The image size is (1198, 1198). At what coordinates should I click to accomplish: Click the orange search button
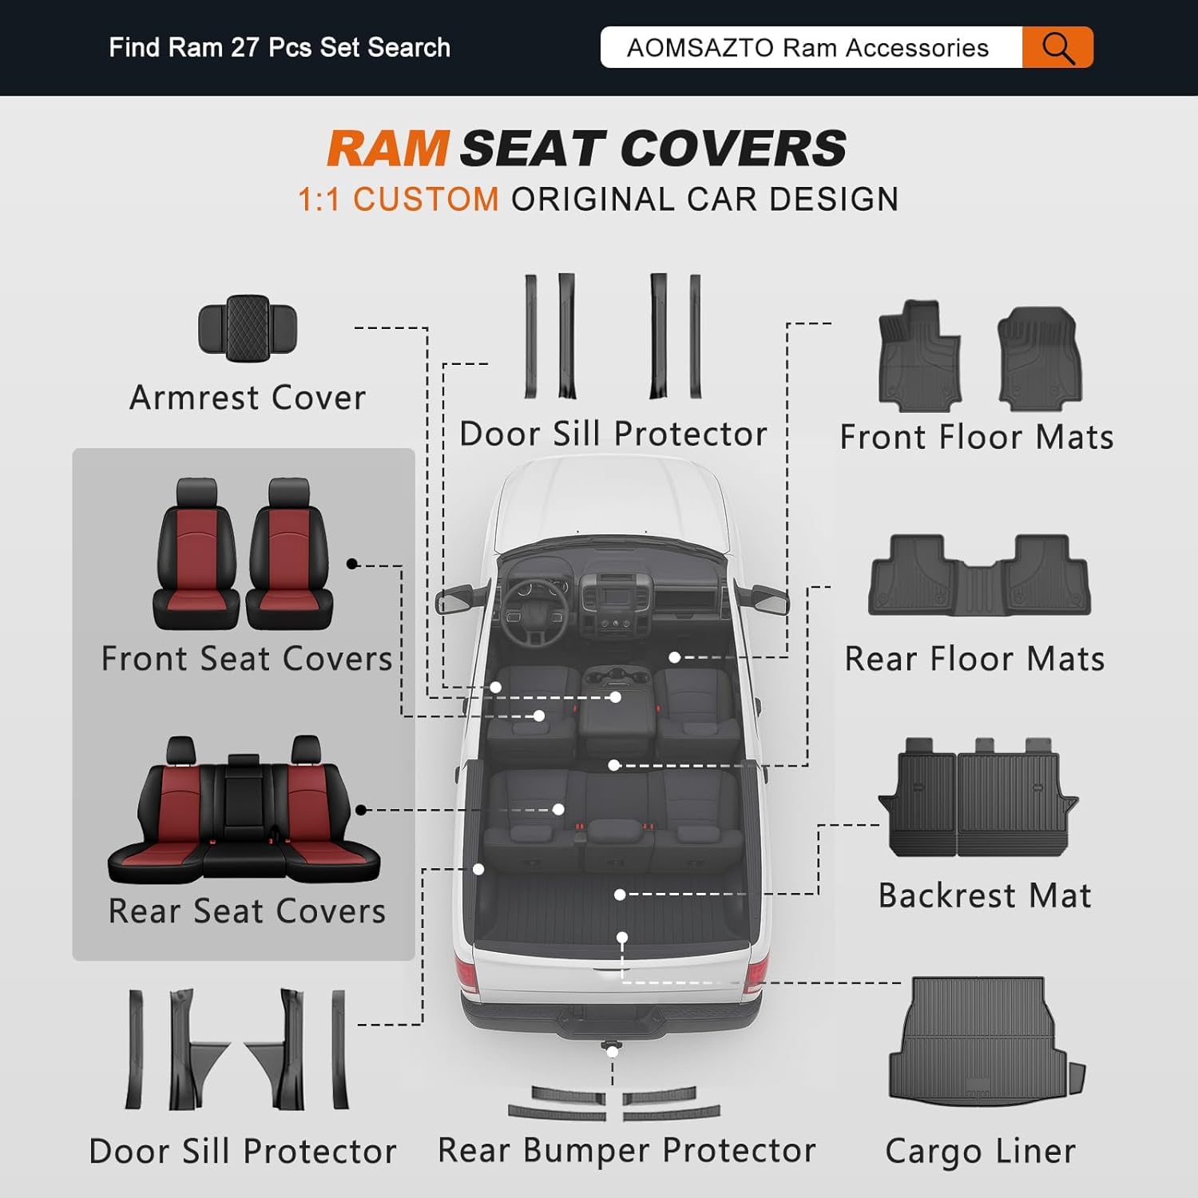[x=1057, y=48]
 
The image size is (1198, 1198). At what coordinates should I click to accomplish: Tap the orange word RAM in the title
[x=388, y=149]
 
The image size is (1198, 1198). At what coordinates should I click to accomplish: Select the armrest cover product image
[x=248, y=327]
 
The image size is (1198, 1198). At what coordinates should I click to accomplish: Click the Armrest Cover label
[x=248, y=398]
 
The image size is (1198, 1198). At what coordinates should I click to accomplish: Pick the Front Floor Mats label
[x=976, y=438]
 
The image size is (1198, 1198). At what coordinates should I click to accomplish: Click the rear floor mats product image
[x=979, y=576]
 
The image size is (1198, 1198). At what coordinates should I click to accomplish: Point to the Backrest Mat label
[x=985, y=895]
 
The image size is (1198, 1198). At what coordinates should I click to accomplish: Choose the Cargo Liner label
[x=981, y=1152]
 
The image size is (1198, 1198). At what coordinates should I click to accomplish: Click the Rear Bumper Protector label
[x=627, y=1151]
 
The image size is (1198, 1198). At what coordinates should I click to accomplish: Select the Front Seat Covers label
[x=247, y=659]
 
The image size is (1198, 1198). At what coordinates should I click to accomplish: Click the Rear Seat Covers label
[x=247, y=911]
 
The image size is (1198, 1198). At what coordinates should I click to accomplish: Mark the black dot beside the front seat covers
[x=352, y=564]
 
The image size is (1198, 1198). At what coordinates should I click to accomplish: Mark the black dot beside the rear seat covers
[x=361, y=810]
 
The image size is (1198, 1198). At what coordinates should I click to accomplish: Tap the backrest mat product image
[x=979, y=798]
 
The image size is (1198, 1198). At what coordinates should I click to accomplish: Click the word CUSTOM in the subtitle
[x=426, y=200]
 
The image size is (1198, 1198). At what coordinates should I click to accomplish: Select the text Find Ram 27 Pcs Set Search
[x=280, y=48]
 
